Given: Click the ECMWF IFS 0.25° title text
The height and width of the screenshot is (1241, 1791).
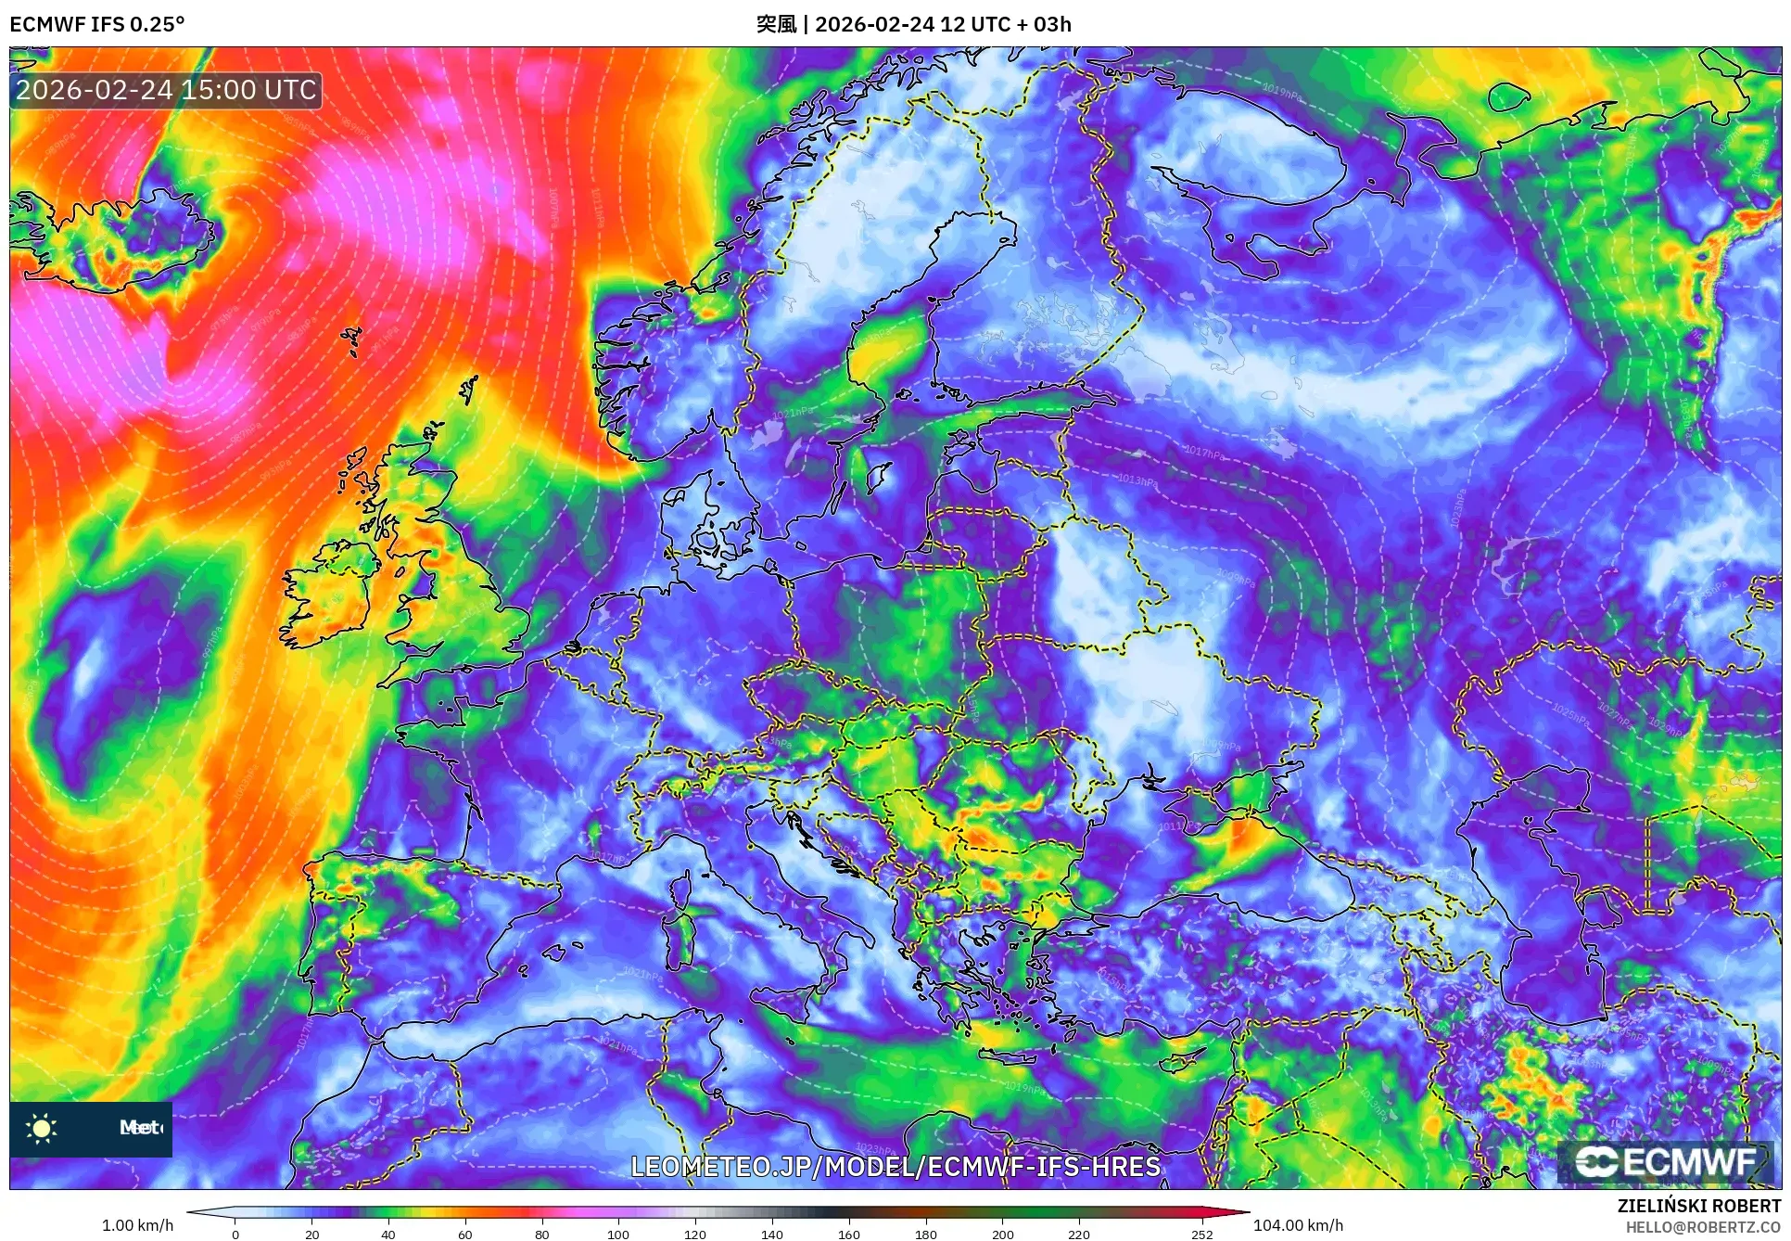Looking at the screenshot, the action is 96,24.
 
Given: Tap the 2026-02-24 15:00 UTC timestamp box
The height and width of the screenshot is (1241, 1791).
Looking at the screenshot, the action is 166,90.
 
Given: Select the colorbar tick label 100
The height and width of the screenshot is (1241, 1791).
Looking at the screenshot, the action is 618,1235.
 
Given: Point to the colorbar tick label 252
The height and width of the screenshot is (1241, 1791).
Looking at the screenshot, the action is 1201,1235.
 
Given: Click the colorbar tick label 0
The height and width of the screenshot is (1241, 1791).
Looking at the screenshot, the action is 235,1235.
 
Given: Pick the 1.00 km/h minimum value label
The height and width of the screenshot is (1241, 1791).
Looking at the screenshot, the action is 137,1225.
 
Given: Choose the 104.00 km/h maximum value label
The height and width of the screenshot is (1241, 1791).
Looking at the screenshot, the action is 1298,1225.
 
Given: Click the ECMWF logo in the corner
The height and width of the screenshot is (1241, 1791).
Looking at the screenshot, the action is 1665,1161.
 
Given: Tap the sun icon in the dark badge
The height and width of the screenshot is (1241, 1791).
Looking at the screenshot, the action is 42,1128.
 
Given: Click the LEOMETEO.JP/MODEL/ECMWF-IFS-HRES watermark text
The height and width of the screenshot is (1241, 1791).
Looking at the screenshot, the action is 895,1166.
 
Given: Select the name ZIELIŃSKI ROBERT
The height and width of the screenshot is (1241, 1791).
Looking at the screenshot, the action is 1699,1206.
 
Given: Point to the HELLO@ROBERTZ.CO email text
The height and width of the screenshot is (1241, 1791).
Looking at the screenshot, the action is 1703,1227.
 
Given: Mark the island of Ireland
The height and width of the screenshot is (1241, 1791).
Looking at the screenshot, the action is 329,594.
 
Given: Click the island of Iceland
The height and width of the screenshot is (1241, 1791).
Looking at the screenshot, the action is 111,237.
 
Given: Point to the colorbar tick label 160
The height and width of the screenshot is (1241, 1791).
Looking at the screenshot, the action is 848,1235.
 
